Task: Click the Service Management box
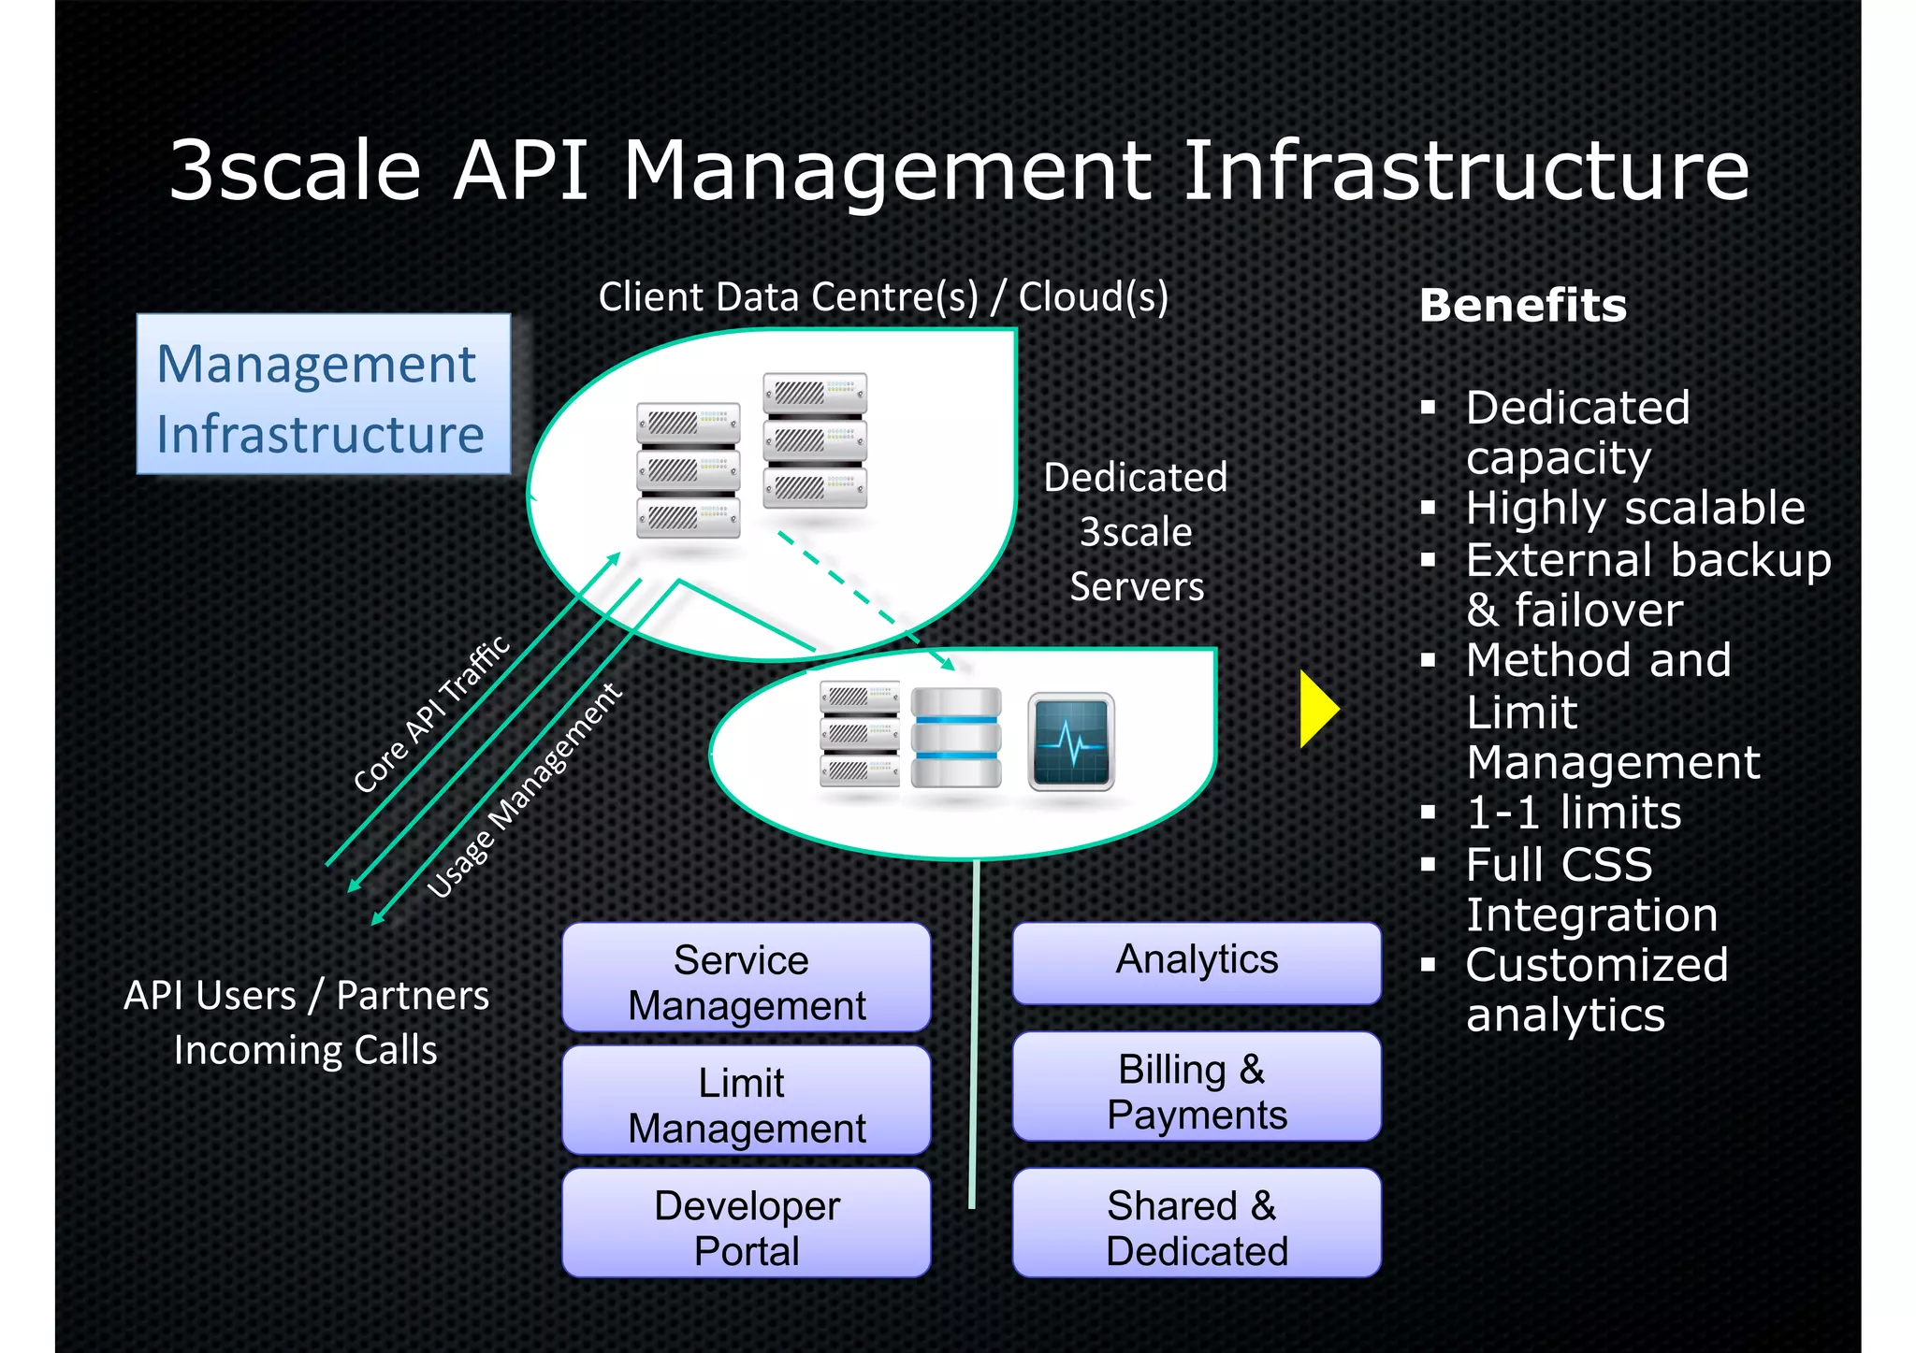click(746, 978)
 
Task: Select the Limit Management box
click(746, 1101)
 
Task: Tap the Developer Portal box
click(746, 1223)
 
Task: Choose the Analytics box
click(1196, 962)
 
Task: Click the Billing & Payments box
click(1196, 1087)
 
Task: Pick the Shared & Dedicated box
click(1196, 1223)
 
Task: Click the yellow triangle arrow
click(1316, 709)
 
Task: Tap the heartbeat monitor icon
click(1071, 741)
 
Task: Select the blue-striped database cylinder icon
click(955, 738)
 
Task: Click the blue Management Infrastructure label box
click(323, 395)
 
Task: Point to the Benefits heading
click(1522, 306)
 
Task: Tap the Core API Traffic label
click(432, 713)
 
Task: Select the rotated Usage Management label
click(524, 791)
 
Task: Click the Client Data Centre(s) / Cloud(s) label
click(882, 297)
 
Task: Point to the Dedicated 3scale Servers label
click(1135, 532)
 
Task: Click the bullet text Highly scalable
click(1634, 509)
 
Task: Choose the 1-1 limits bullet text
click(1573, 813)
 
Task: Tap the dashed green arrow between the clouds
click(864, 599)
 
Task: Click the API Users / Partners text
click(306, 997)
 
